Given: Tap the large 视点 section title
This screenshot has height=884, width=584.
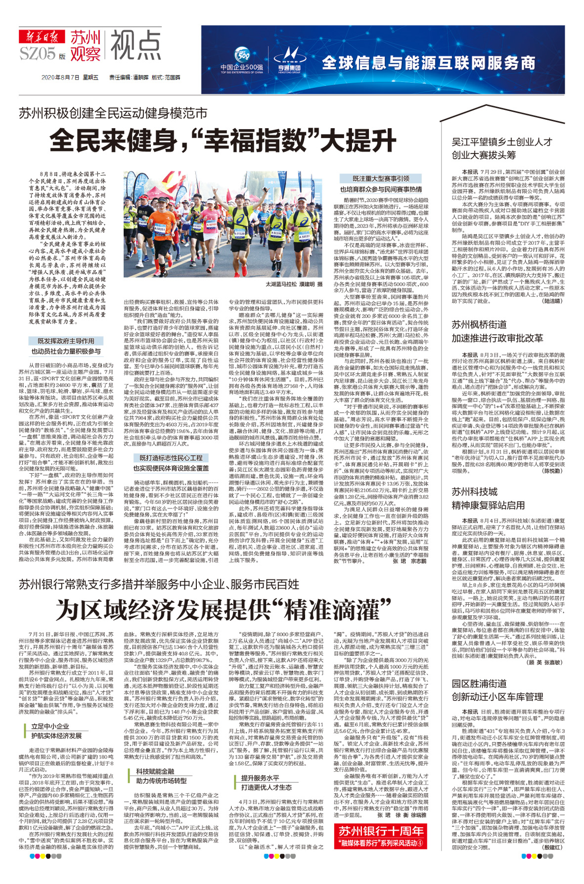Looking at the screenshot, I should tap(136, 46).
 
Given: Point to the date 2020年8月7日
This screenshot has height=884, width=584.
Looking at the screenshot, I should tap(60, 78).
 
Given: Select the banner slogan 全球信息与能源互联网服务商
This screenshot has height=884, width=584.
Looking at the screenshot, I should tap(429, 63).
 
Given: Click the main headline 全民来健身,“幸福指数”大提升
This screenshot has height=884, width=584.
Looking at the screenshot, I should tap(223, 141).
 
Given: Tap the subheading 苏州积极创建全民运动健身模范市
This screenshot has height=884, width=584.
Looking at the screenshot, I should tap(113, 113).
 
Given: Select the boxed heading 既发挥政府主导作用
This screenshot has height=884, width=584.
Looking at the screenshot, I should tap(66, 341).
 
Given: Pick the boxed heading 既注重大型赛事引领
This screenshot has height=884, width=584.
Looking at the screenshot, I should tap(380, 179).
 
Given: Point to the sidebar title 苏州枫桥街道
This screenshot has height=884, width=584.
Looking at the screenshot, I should tap(479, 325).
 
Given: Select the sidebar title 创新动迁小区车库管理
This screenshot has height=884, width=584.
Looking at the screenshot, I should tap(497, 697).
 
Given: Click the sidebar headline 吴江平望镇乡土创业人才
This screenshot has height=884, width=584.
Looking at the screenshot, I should tap(502, 142).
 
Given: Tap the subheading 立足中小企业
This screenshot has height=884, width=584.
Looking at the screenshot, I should tap(50, 726).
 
